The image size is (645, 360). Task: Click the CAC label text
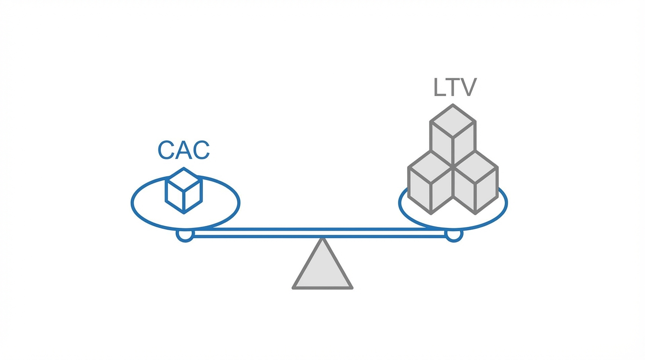183,150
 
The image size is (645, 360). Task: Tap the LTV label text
455,88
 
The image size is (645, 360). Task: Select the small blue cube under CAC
184,191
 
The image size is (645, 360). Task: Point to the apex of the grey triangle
322,240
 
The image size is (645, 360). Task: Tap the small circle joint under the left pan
185,235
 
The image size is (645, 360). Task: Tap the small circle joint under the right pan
453,235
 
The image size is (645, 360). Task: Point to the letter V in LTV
468,88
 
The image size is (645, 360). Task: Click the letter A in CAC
183,150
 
